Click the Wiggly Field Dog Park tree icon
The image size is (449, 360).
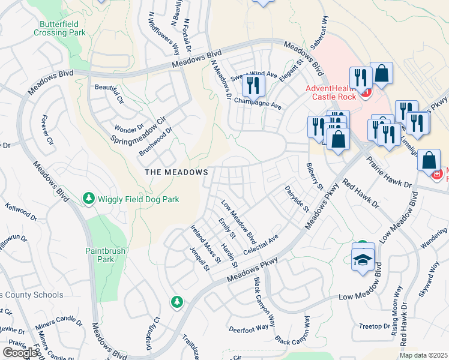click(89, 198)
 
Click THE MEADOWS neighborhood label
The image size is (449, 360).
click(176, 172)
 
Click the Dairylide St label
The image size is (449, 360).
click(297, 199)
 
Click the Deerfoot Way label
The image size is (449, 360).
click(249, 328)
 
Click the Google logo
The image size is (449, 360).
click(20, 353)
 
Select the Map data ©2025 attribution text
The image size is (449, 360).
click(423, 355)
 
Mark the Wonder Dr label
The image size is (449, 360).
click(130, 128)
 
